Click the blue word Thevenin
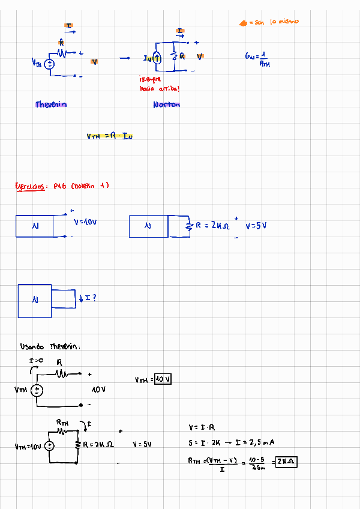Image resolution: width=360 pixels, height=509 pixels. (x=51, y=104)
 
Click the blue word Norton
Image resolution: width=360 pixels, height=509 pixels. (x=166, y=105)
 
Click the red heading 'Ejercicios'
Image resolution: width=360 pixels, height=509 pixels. (x=32, y=186)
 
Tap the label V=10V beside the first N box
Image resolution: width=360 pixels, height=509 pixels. (x=85, y=222)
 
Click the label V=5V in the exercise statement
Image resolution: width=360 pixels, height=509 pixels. (x=256, y=226)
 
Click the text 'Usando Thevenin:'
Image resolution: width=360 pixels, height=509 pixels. (x=50, y=346)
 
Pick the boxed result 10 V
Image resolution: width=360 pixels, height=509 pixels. (x=163, y=379)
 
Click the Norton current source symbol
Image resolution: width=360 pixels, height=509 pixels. (x=157, y=58)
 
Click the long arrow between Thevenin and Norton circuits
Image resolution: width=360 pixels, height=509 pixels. (x=124, y=58)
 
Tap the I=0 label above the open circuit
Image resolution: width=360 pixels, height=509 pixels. (x=36, y=361)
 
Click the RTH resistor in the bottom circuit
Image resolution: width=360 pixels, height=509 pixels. (x=63, y=430)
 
